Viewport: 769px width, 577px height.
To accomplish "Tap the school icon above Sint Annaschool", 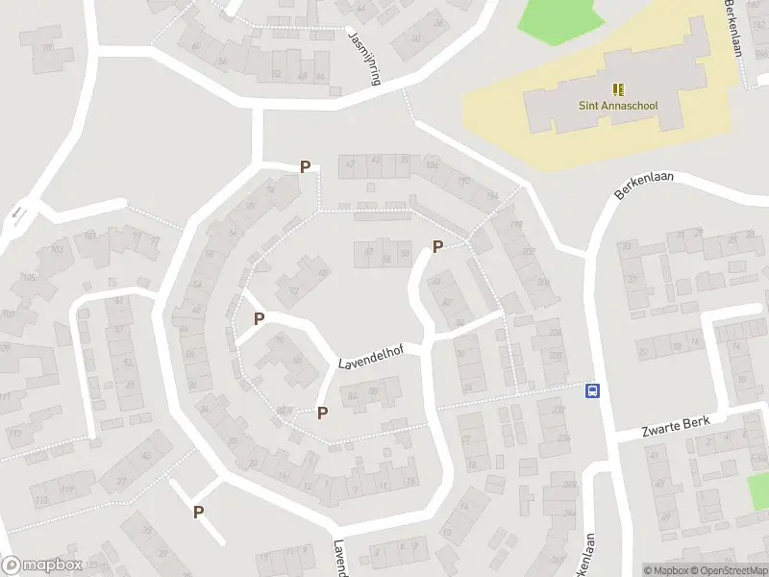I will point(616,88).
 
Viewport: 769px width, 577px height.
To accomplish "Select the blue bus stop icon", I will point(593,390).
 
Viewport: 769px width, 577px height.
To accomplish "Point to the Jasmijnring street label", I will point(364,57).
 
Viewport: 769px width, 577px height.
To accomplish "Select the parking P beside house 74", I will point(305,166).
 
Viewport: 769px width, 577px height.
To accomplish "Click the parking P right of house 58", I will point(437,246).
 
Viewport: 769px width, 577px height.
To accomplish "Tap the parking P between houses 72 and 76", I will point(259,318).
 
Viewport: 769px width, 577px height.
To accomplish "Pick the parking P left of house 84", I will point(323,413).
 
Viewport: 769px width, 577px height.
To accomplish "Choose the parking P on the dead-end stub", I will point(198,512).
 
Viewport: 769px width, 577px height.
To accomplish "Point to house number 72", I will point(293,291).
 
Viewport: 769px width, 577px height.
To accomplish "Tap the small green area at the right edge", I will point(759,490).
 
